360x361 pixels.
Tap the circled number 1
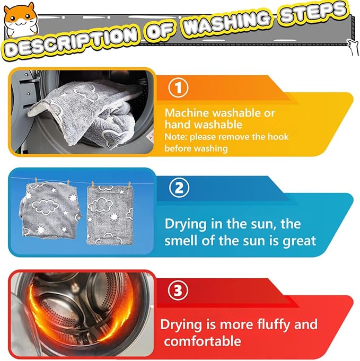click(x=178, y=87)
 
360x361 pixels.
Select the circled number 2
click(x=179, y=188)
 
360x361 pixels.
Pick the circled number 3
click(x=178, y=290)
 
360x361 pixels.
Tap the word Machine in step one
click(x=187, y=113)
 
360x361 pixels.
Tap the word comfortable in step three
click(x=203, y=341)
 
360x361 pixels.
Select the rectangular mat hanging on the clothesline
click(x=110, y=215)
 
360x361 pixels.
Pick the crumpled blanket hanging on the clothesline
click(x=50, y=209)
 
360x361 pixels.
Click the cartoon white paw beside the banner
click(x=354, y=47)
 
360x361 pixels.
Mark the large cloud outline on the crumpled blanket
click(x=46, y=207)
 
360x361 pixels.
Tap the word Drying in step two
click(x=186, y=224)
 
